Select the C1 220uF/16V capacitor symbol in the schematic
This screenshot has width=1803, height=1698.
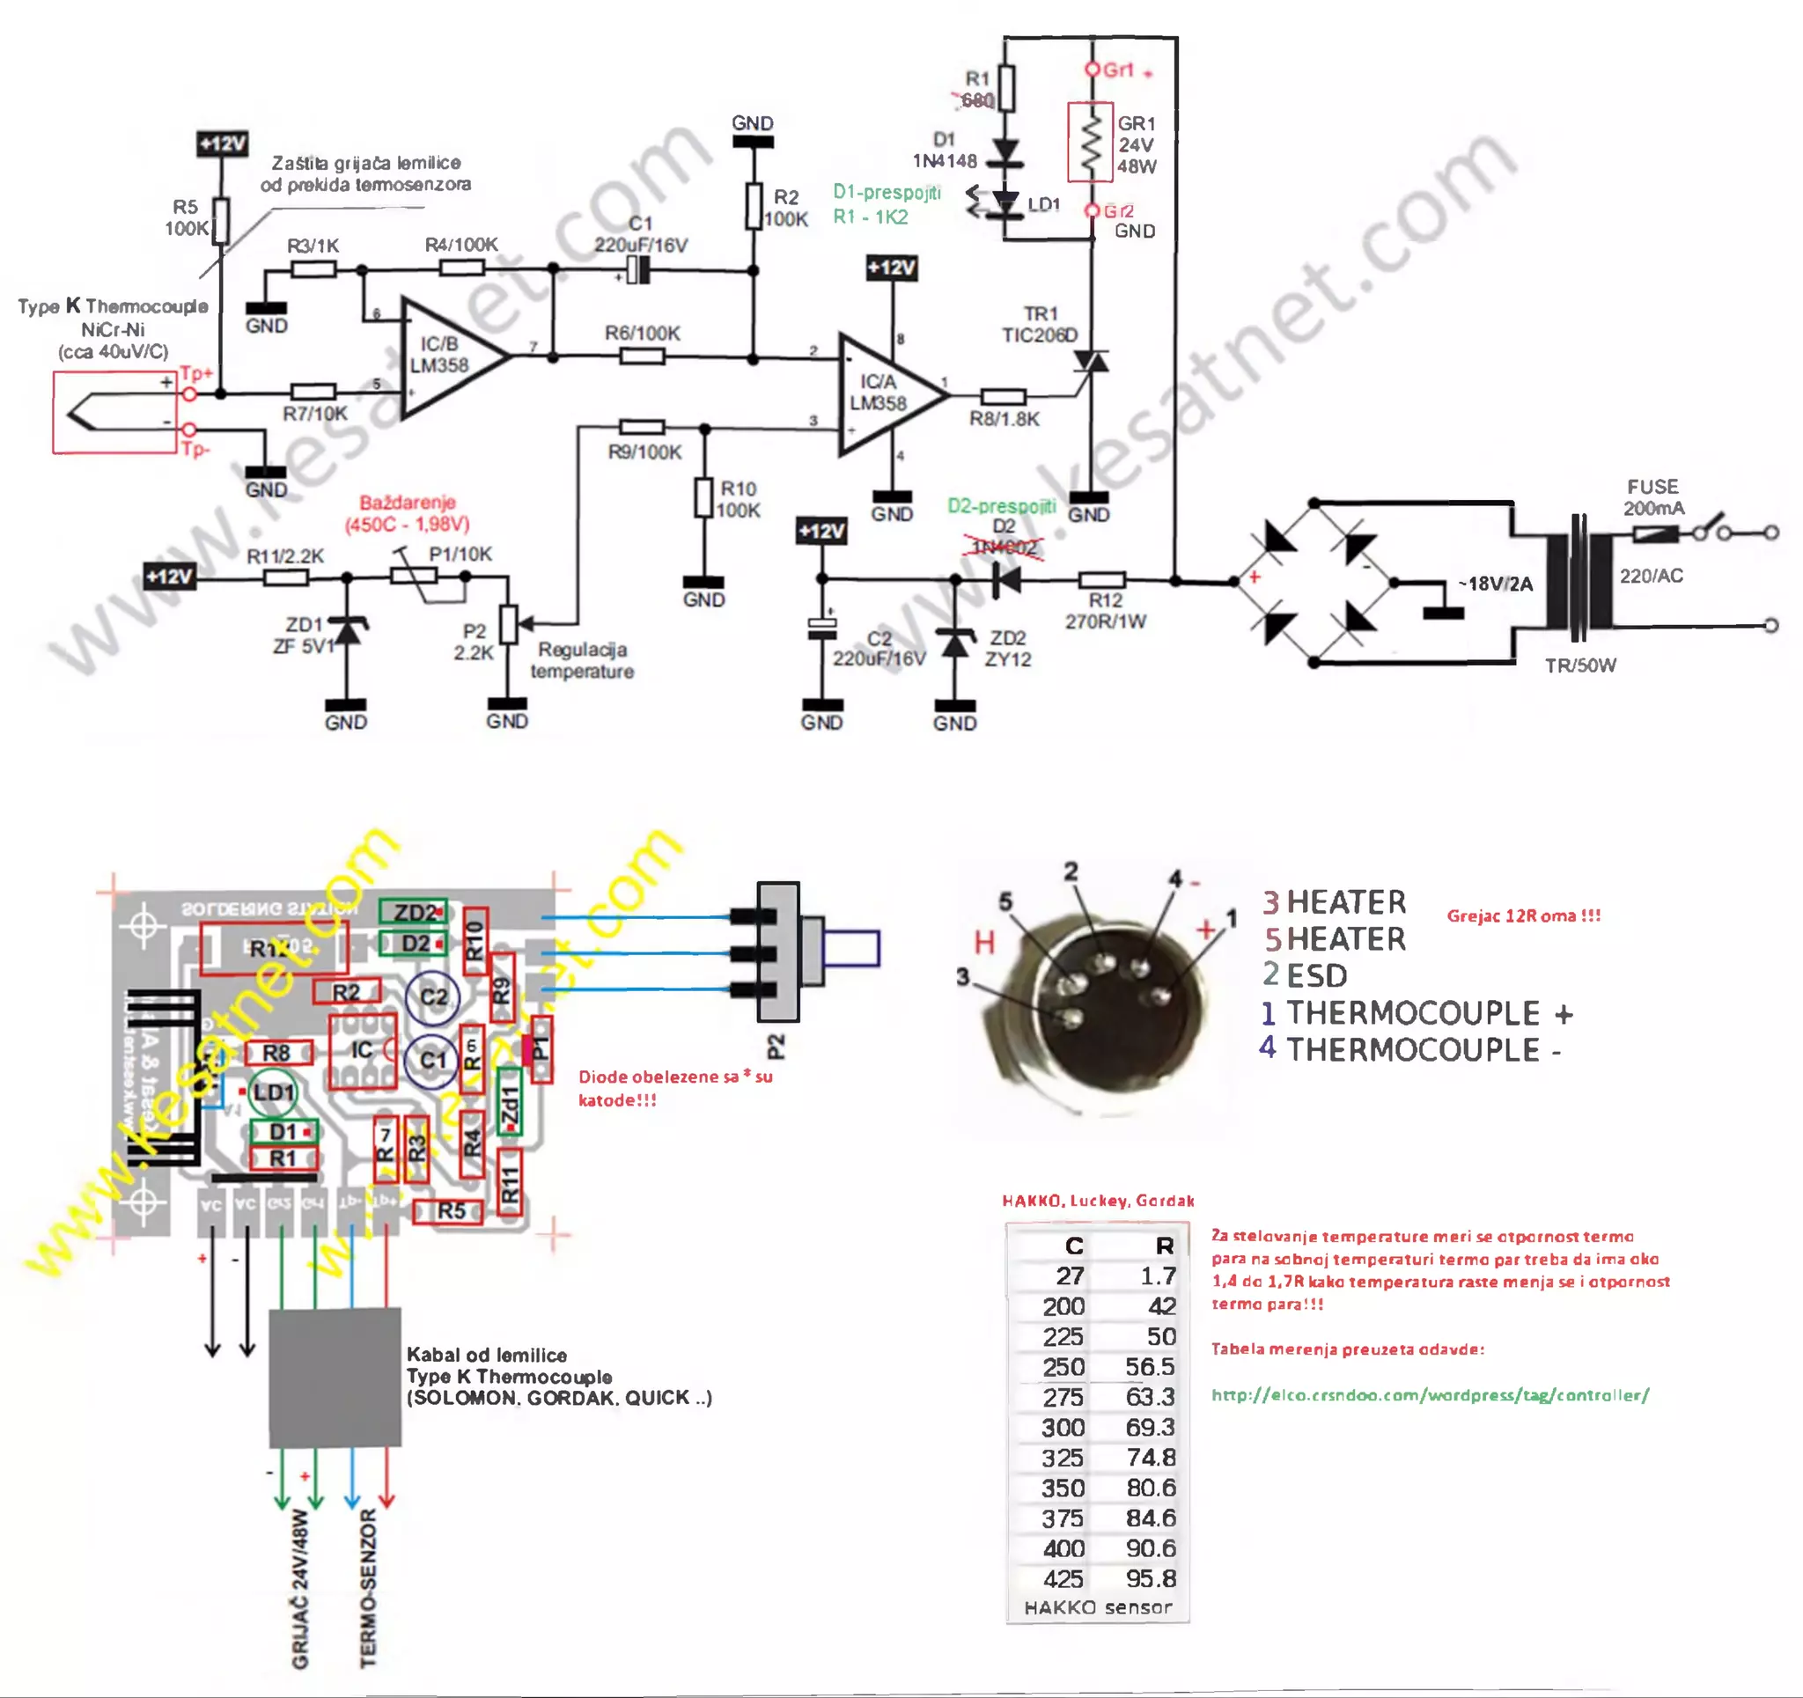click(639, 269)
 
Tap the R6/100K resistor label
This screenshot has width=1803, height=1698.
click(642, 333)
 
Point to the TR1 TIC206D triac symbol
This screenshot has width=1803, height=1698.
click(1090, 363)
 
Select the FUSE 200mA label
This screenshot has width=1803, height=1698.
click(1652, 497)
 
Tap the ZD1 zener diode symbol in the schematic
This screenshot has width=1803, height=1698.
click(347, 629)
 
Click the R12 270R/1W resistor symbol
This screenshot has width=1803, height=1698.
click(1102, 579)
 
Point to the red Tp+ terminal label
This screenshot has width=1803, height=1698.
click(196, 373)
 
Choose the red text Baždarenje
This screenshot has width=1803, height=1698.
click(408, 502)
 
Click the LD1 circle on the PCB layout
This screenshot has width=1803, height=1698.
click(272, 1092)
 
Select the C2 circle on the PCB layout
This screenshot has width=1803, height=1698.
click(432, 996)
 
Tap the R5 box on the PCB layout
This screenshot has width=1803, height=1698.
click(450, 1210)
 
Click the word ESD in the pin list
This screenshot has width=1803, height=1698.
click(1317, 976)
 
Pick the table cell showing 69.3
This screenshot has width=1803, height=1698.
click(1149, 1427)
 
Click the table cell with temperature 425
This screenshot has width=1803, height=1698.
click(1063, 1578)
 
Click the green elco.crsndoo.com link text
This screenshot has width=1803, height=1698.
click(1430, 1395)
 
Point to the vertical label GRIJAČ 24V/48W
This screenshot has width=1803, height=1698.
click(300, 1587)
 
